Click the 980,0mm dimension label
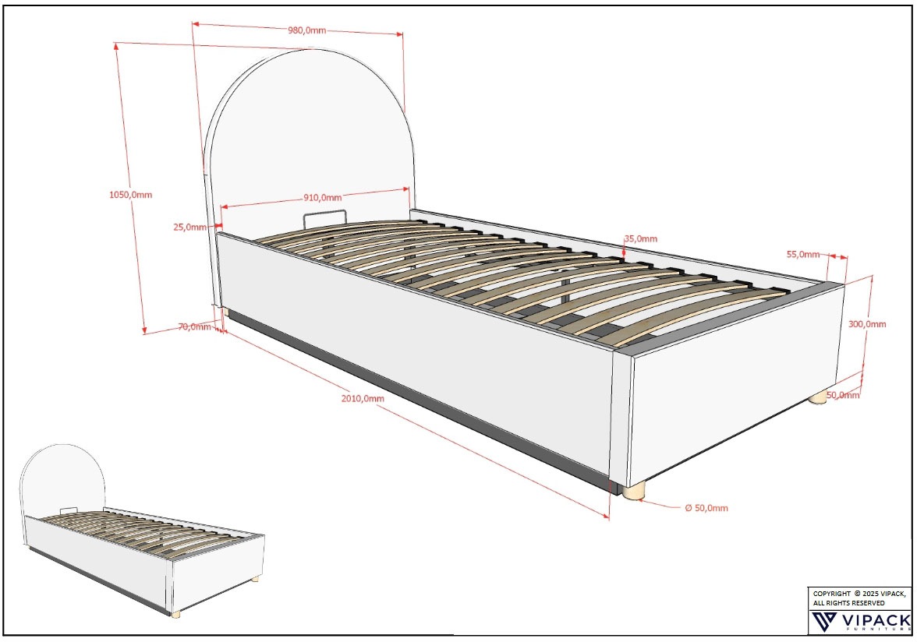coord(306,30)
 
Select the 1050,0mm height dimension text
coord(131,194)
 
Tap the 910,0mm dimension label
coord(322,196)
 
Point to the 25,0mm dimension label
coord(189,228)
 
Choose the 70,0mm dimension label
coord(195,327)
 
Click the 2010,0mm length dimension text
coord(363,398)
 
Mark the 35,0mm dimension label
coord(640,238)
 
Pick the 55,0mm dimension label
coord(802,255)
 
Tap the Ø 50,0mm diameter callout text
coord(706,508)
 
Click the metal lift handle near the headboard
coord(324,216)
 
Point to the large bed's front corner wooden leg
coord(634,491)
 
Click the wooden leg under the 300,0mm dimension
coord(818,398)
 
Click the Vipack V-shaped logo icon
coord(823,622)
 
